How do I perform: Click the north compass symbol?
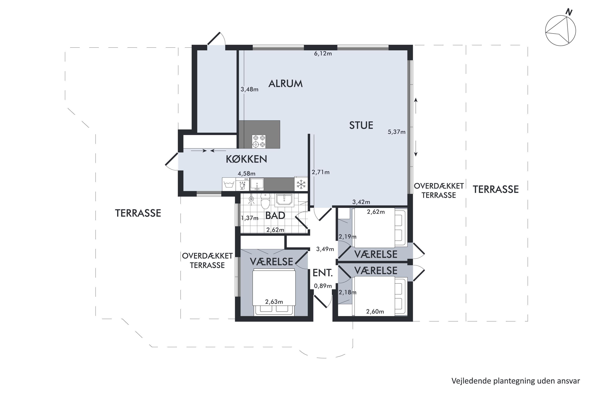tap(560, 30)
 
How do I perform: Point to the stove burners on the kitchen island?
tap(259, 141)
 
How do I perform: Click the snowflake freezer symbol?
tap(301, 184)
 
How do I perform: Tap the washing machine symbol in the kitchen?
tap(229, 184)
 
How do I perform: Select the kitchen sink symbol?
tap(257, 184)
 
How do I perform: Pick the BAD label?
tap(275, 216)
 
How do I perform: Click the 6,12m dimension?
tap(323, 54)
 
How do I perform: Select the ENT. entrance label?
tap(323, 273)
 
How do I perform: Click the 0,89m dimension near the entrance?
tap(323, 286)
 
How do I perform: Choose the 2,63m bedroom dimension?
tap(274, 302)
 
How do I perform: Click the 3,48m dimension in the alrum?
tap(249, 89)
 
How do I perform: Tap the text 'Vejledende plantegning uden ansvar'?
tap(516, 381)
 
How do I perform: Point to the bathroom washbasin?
tap(284, 200)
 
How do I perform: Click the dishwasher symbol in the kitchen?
tap(242, 184)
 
